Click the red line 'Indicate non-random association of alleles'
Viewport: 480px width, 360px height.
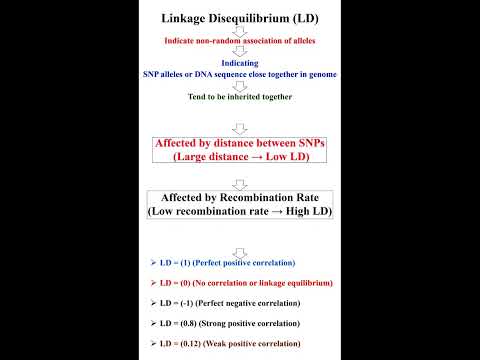[239, 41]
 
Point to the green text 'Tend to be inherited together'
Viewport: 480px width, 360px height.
[239, 97]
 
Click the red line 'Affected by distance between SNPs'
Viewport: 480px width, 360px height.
[240, 144]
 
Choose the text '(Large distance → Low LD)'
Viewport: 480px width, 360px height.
[240, 158]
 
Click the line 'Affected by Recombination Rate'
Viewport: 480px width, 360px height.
[240, 198]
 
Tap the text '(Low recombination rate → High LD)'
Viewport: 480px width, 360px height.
[240, 212]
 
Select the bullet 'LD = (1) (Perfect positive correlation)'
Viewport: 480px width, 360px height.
[227, 262]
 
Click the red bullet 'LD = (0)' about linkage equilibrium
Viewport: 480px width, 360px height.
[245, 282]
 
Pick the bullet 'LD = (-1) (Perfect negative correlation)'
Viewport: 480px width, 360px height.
[229, 302]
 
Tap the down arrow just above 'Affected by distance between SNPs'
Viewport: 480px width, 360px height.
[239, 128]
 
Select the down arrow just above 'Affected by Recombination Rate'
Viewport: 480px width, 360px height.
[239, 182]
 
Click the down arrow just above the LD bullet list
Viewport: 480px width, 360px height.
[239, 250]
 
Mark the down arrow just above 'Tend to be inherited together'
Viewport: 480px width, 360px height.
[239, 86]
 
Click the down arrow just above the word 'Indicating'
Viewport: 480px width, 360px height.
[239, 52]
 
